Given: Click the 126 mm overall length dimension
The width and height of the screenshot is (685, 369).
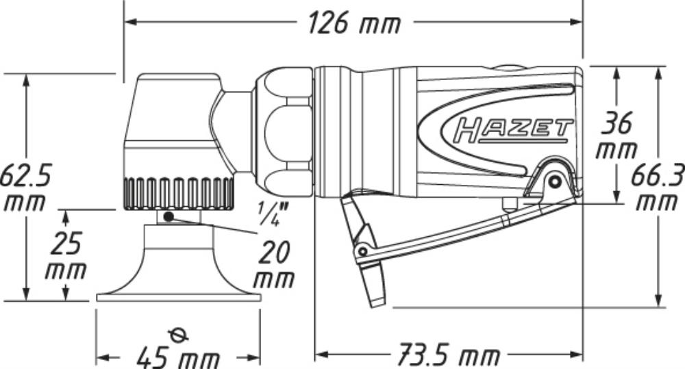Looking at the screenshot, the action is pos(354,23).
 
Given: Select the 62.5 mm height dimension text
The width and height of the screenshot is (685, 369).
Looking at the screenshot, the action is pos(25,188).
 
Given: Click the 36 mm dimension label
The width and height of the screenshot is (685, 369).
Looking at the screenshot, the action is pos(616,136).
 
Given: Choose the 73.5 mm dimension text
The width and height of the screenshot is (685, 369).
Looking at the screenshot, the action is pos(448,355).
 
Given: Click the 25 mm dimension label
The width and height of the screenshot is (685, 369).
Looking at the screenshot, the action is pos(66,255).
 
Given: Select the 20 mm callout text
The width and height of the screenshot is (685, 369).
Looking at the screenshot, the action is pos(274,265).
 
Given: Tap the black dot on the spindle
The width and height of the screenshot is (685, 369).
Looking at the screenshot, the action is pos(169,216).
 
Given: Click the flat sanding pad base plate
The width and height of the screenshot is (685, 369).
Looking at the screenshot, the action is pos(179,298).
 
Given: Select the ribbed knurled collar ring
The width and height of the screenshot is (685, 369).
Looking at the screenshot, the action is pos(178,194).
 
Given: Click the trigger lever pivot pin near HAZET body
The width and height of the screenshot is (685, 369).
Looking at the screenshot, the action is pos(555,181).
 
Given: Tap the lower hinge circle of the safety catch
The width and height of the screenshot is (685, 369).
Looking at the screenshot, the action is pos(362,251).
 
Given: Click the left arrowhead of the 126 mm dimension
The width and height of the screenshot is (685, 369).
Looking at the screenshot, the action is pos(131,22).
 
